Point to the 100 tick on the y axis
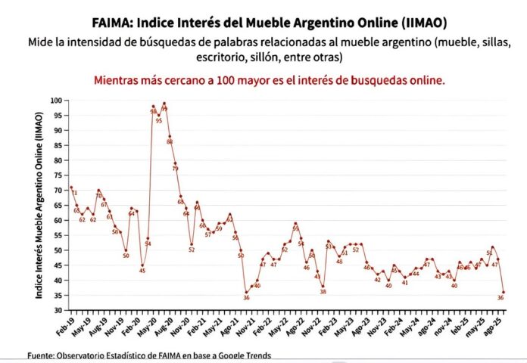58,100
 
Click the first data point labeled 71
71,188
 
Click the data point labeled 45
142,265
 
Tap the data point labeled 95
158,115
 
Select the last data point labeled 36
503,292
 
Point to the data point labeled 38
323,286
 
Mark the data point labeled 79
175,163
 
